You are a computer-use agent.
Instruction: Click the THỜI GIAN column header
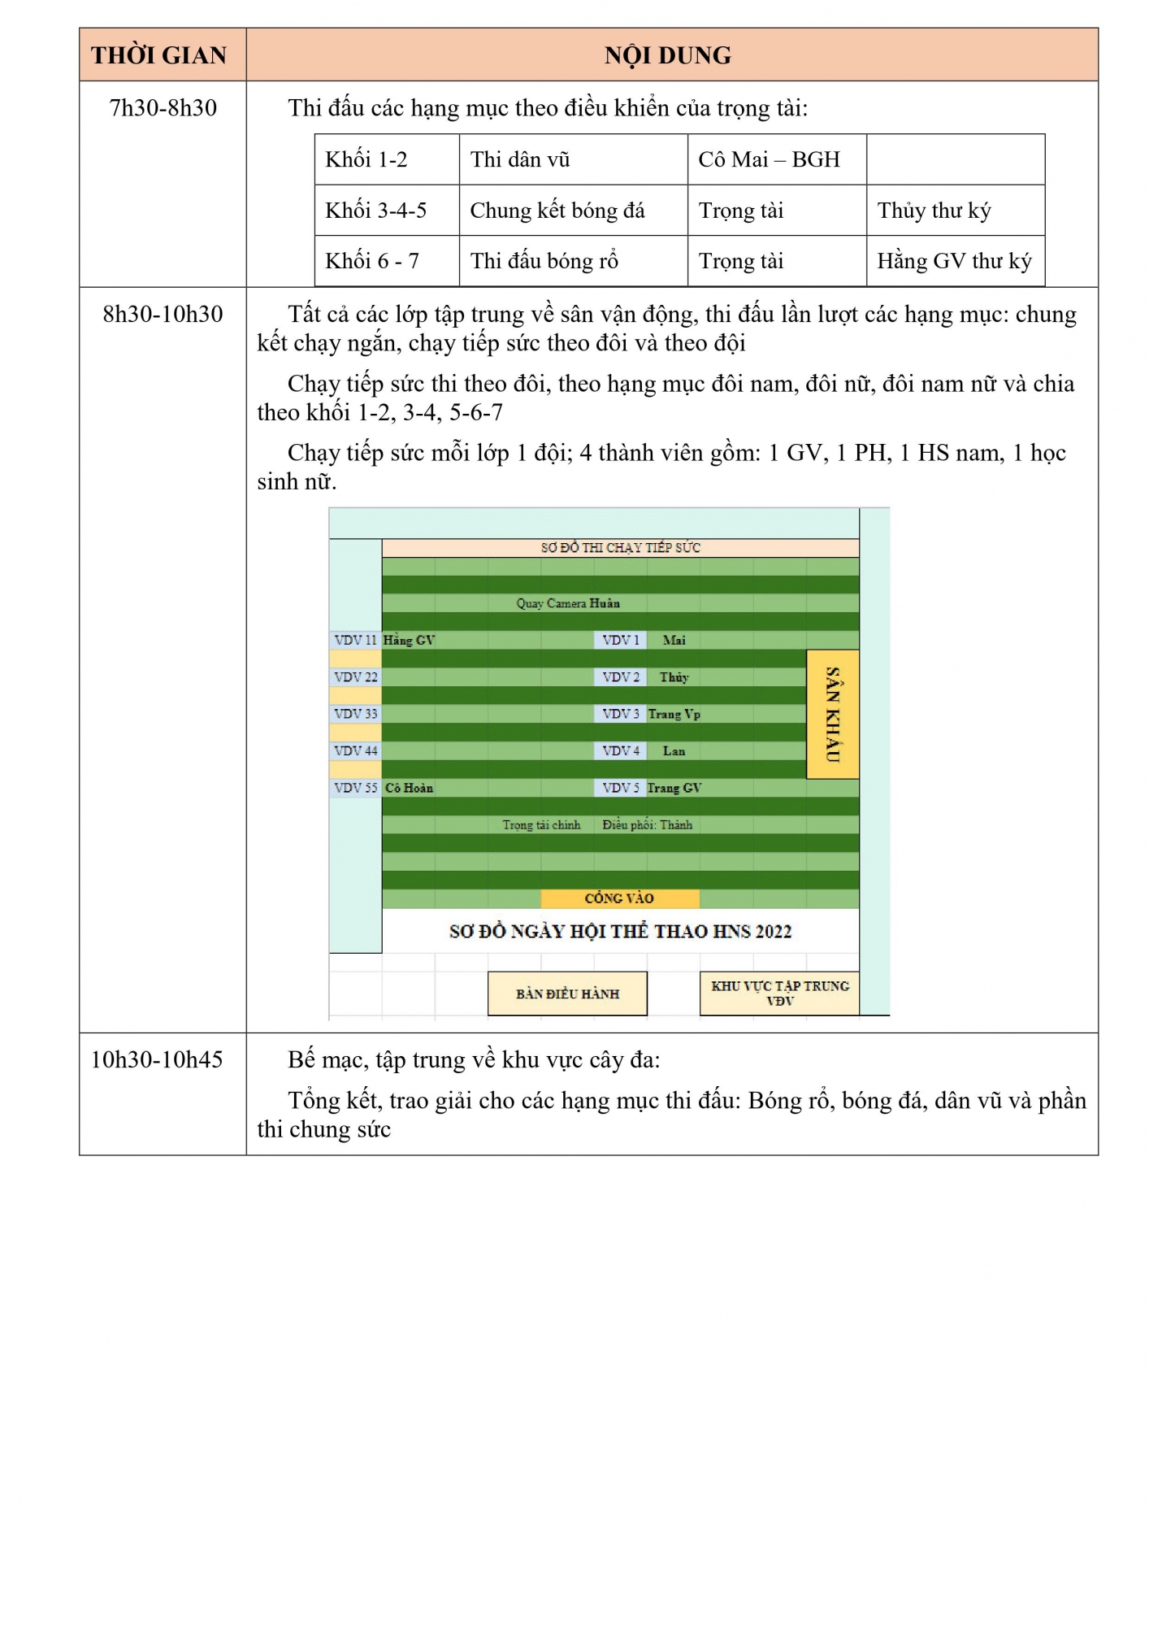tap(158, 55)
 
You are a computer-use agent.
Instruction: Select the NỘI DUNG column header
tap(668, 55)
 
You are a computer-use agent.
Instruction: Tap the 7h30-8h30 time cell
tap(163, 108)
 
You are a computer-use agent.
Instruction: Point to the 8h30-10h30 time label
tap(163, 315)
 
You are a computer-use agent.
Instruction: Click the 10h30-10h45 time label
tap(157, 1060)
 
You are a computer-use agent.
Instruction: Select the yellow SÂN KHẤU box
tap(833, 714)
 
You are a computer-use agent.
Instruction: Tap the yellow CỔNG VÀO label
tap(620, 898)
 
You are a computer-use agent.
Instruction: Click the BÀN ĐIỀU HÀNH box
tap(567, 993)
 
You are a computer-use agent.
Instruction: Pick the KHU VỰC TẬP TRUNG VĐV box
tap(780, 993)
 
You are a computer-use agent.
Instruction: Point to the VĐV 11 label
tap(356, 641)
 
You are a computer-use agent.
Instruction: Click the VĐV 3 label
tap(621, 714)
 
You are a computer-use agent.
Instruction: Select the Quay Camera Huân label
tap(568, 603)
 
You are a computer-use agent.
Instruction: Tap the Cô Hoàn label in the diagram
tap(410, 788)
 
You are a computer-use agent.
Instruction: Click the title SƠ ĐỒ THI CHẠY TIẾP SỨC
tap(621, 548)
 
